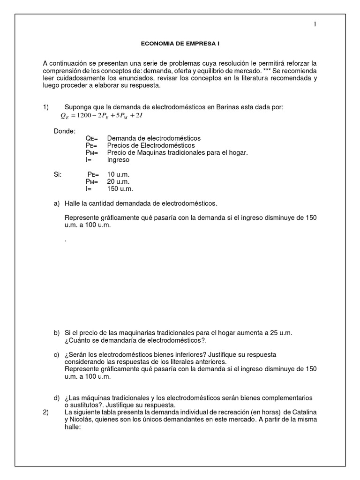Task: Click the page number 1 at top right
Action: coord(315,25)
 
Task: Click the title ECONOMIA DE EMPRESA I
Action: coord(180,44)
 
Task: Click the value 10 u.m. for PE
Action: coord(118,174)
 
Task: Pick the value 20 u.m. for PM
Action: coord(118,181)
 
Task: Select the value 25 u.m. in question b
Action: coord(281,332)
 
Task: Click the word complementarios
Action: coord(286,397)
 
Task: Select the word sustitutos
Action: coord(87,405)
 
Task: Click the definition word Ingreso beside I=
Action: coord(118,159)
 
